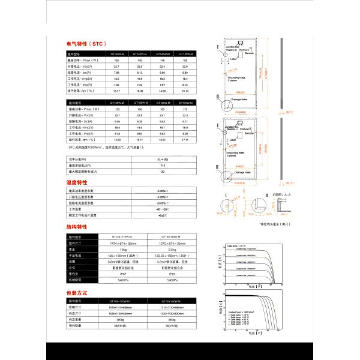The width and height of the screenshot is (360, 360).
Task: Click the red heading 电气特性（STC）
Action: tap(86, 44)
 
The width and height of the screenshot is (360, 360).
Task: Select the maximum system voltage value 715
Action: tap(162, 165)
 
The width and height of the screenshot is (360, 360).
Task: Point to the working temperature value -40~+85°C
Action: tap(162, 209)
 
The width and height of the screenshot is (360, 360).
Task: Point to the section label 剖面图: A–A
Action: tap(281, 195)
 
